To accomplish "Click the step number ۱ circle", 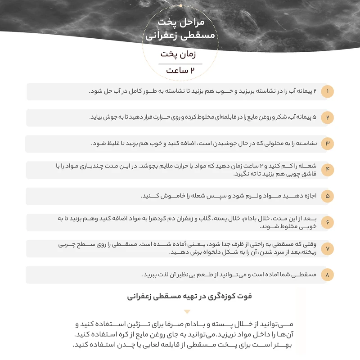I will (x=328, y=92).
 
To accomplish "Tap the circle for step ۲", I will (x=328, y=118).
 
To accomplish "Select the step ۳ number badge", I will (x=328, y=144).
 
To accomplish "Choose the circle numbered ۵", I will (x=328, y=196).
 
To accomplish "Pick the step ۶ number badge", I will (x=328, y=222).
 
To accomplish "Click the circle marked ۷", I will (x=328, y=248).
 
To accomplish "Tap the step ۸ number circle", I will (x=328, y=274).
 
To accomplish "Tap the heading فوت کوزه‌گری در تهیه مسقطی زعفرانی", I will (x=189, y=296).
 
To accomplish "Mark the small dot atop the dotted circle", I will (x=181, y=6).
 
